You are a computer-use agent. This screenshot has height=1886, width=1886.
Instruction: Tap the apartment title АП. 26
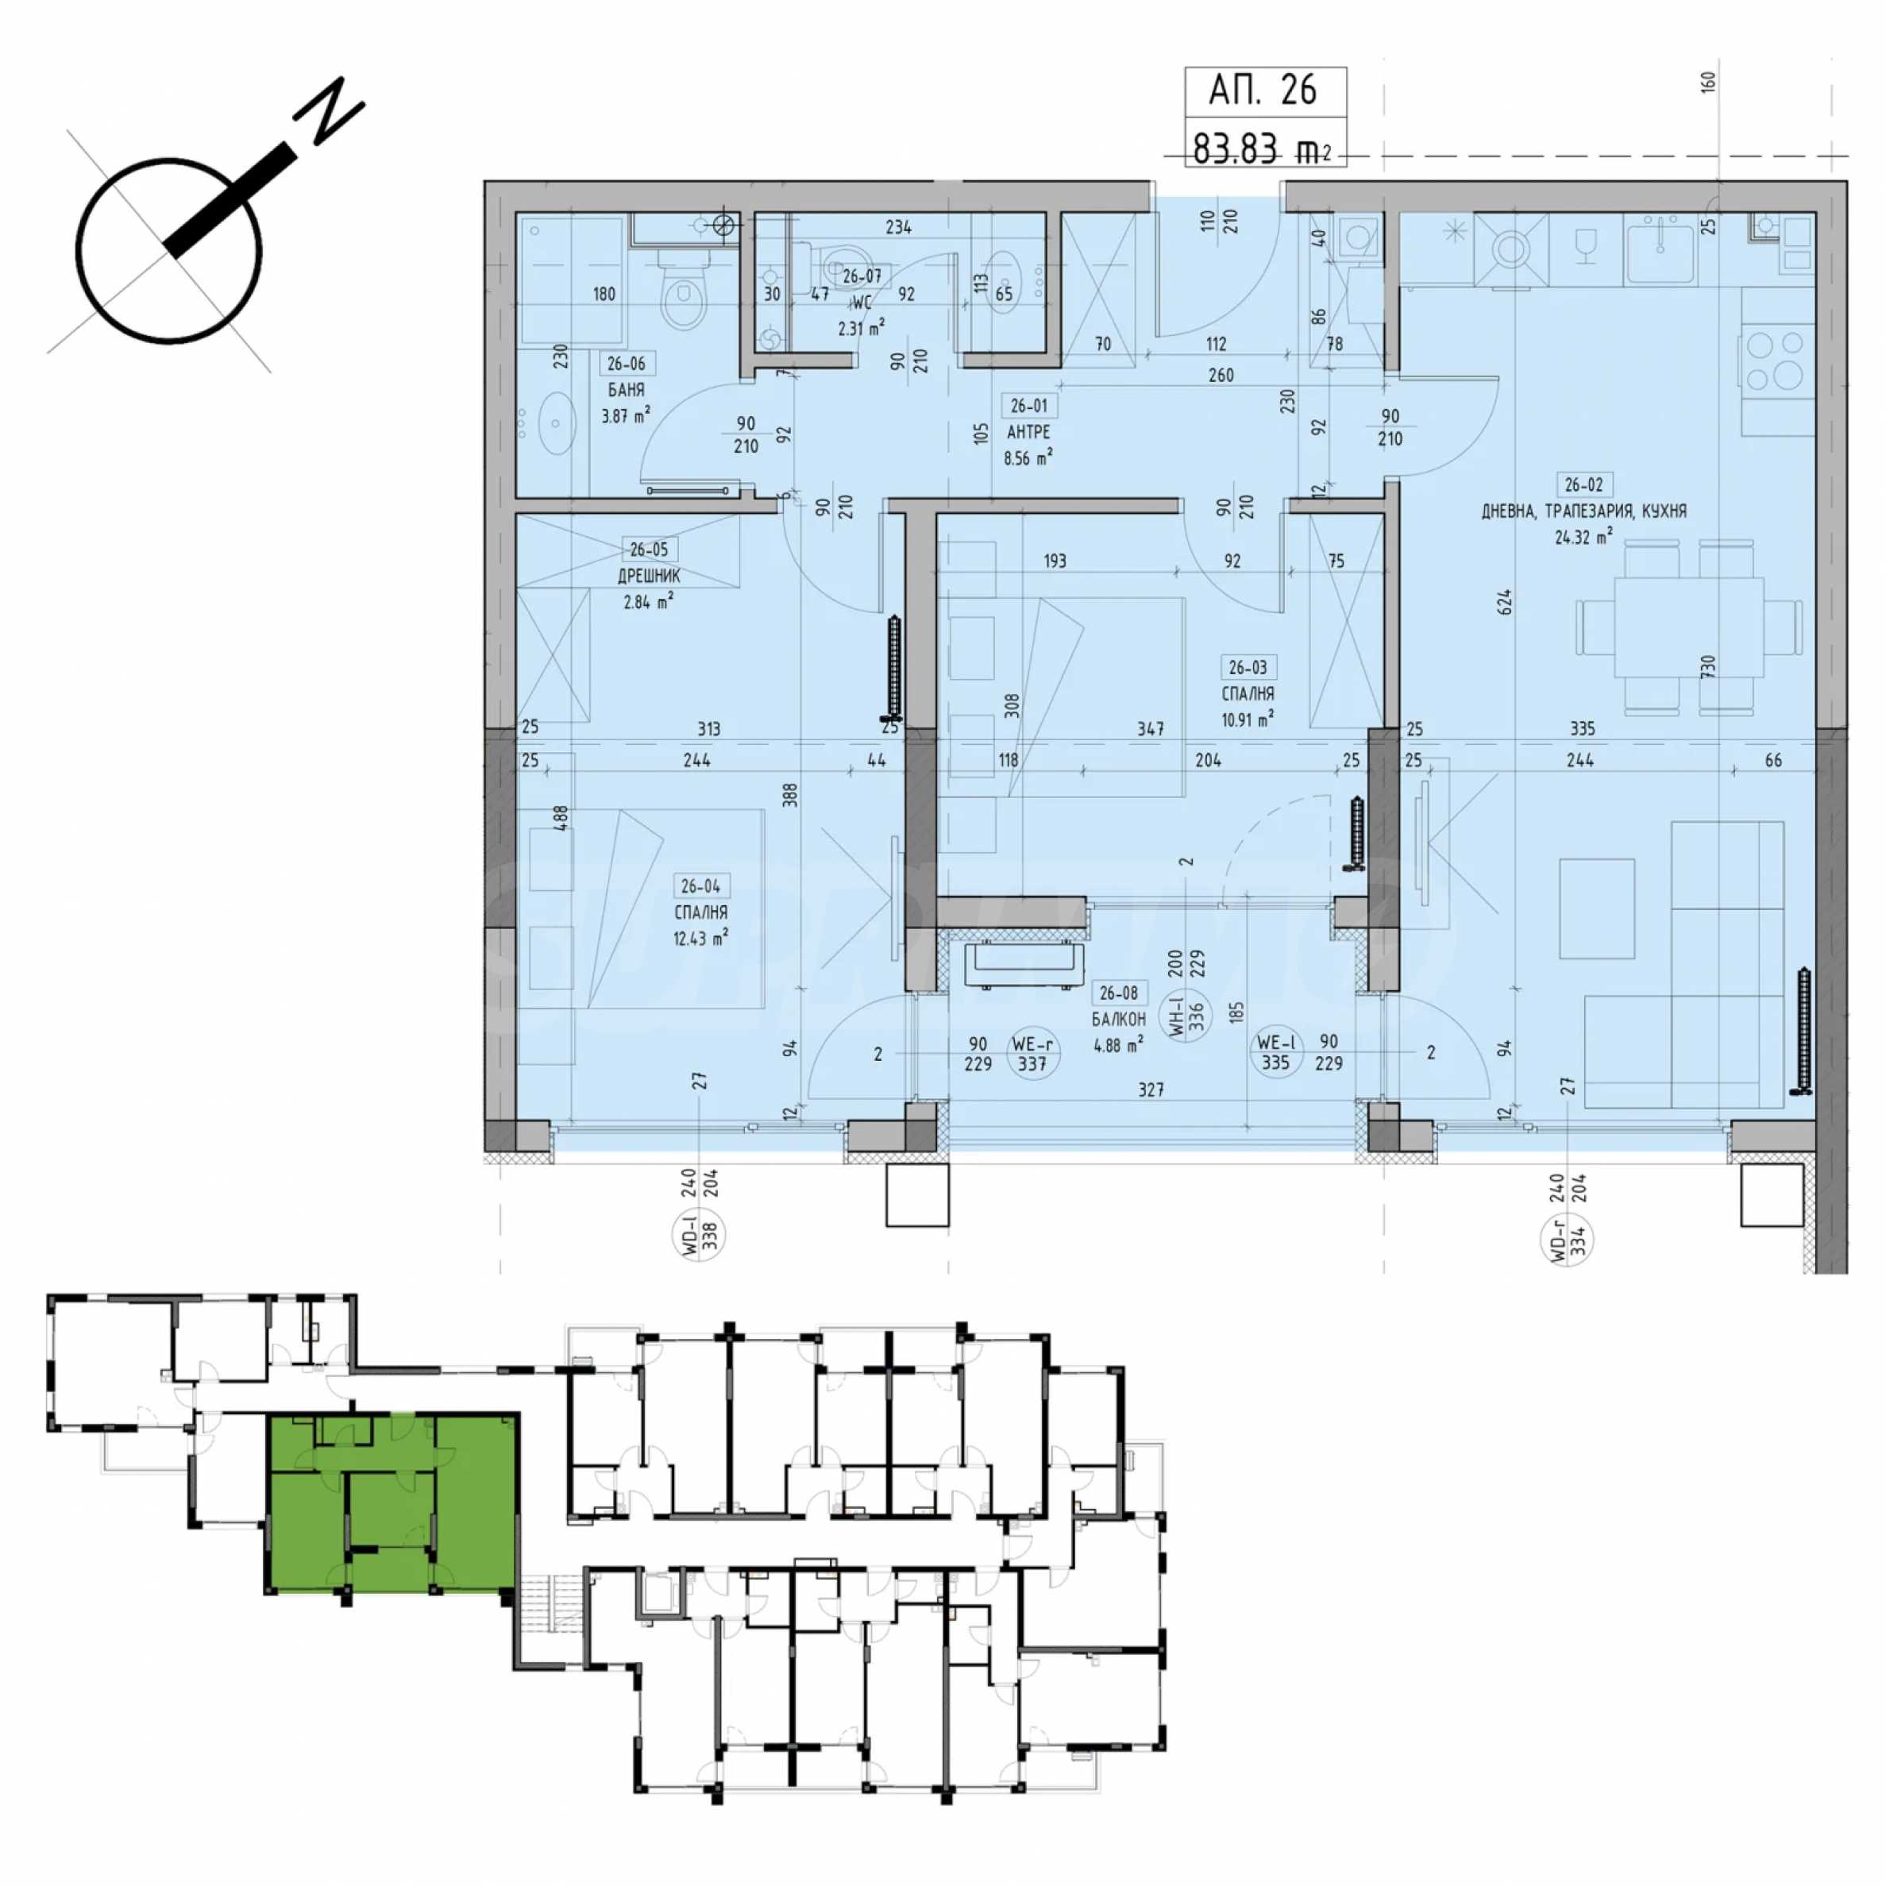click(1263, 90)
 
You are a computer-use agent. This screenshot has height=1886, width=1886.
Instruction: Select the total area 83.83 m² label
click(1261, 148)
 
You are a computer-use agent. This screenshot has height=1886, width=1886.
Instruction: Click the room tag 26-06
click(626, 364)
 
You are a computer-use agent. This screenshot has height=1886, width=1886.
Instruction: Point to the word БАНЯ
click(626, 389)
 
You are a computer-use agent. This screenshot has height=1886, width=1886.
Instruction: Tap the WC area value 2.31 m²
click(861, 328)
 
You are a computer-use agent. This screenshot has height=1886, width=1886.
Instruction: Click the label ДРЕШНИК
click(649, 576)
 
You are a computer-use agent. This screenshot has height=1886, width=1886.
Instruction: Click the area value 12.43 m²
click(700, 938)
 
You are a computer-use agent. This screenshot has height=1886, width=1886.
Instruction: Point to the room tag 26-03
click(1248, 668)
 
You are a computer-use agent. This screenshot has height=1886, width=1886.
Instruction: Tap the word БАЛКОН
click(1119, 1018)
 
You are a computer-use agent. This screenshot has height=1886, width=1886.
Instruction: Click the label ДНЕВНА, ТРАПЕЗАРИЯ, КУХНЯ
click(1583, 511)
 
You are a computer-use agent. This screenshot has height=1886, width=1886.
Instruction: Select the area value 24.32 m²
click(1583, 536)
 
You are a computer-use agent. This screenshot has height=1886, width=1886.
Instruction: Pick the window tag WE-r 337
click(1032, 1053)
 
